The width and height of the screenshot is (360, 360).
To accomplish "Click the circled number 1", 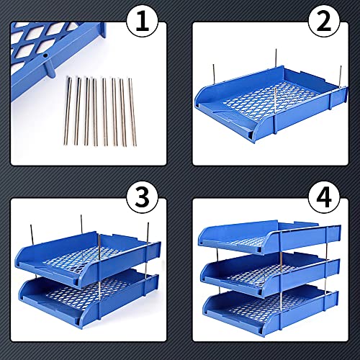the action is [143, 24].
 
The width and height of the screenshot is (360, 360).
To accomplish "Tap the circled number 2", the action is [324, 24].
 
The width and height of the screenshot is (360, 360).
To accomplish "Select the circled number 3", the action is [143, 199].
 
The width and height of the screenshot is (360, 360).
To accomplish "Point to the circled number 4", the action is [324, 199].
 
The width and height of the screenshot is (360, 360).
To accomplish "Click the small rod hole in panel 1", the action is [45, 55].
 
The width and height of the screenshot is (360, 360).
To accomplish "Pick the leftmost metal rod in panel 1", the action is [68, 111].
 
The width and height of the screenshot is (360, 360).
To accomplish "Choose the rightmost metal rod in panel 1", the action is [132, 112].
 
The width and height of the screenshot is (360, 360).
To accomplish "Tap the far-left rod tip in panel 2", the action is [213, 65].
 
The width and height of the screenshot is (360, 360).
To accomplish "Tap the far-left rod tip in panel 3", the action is [31, 225].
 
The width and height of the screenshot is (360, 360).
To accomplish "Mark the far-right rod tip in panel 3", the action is [148, 223].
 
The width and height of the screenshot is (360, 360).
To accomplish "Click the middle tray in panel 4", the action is [270, 276].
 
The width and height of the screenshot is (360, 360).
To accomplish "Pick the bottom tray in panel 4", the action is [271, 312].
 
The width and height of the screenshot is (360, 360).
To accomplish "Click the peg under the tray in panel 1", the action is [50, 69].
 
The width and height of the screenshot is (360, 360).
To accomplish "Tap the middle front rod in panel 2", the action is [275, 109].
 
